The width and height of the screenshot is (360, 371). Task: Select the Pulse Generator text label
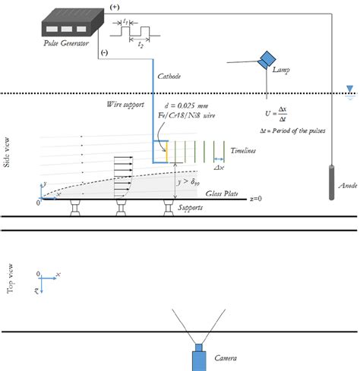(68, 45)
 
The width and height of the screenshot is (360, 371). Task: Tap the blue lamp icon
(267, 59)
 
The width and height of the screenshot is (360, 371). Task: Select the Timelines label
(244, 151)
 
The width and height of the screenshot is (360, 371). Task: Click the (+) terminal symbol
(115, 7)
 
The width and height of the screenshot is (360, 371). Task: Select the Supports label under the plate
(190, 207)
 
